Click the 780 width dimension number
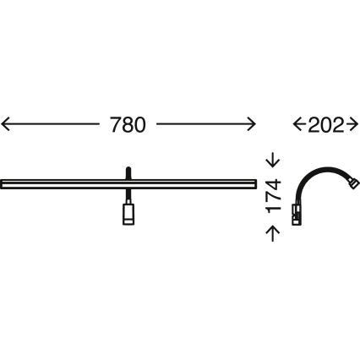[x=128, y=124]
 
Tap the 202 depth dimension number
[x=326, y=124]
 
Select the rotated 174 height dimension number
[x=274, y=196]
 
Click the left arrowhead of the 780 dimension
[x=6, y=124]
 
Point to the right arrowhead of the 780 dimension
[x=251, y=124]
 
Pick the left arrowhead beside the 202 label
[x=297, y=124]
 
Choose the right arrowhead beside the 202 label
[x=353, y=124]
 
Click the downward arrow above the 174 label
[x=273, y=160]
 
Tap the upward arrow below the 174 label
[x=273, y=234]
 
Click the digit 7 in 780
[x=116, y=124]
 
